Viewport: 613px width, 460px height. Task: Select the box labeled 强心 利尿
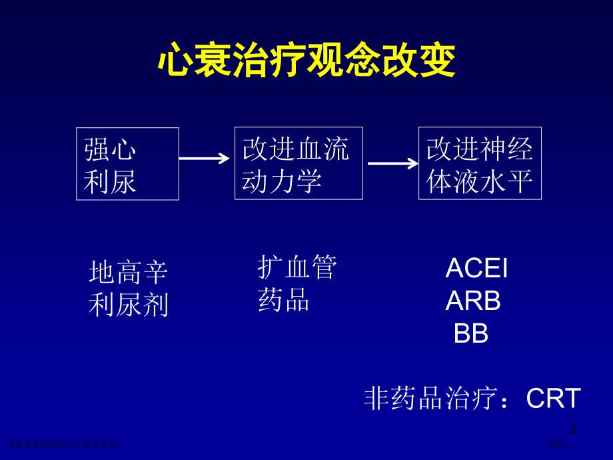(127, 163)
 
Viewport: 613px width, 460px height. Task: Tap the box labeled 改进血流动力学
(299, 163)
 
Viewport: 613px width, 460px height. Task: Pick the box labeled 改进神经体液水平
(480, 163)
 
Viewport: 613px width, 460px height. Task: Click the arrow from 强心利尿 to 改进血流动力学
(205, 158)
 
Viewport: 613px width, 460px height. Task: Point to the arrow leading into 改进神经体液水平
(392, 163)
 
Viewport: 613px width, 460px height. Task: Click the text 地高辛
(128, 273)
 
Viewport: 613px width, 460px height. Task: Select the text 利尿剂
(128, 305)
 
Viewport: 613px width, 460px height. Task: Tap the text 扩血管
(297, 267)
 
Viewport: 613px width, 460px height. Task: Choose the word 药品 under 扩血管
(284, 301)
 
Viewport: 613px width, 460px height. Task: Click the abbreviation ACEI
(476, 269)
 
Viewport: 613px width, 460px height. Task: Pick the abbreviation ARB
(473, 301)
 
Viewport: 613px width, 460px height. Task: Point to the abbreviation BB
(471, 334)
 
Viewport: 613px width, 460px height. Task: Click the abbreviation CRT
(554, 399)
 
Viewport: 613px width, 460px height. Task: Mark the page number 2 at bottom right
(572, 430)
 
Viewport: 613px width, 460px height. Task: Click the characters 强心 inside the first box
(110, 150)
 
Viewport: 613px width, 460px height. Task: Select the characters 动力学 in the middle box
(282, 181)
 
